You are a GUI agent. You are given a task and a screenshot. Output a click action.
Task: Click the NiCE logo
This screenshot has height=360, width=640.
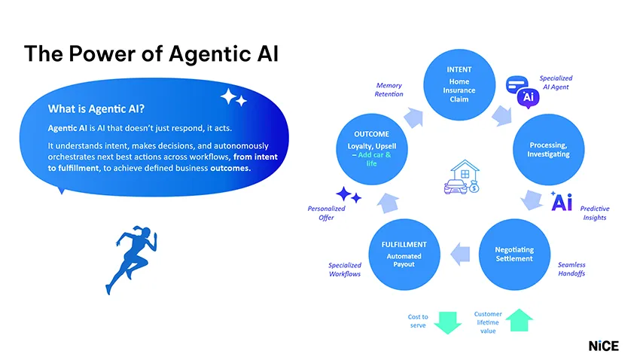coord(603,346)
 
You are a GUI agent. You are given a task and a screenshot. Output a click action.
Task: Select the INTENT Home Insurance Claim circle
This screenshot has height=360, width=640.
coord(459,85)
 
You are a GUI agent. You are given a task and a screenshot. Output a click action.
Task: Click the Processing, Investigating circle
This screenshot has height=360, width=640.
coord(548,149)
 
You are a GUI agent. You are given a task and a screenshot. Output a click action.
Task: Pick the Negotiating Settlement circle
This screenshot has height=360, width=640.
coord(514,254)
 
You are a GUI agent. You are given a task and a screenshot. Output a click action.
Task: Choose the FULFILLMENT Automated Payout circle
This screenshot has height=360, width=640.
coord(404,254)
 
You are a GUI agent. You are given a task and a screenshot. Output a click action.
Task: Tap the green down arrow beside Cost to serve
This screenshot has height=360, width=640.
coord(447,322)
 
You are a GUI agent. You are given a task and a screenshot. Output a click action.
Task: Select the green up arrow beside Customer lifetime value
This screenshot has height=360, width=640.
coord(518,319)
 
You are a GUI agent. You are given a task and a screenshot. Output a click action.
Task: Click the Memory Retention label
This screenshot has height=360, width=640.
coord(389,90)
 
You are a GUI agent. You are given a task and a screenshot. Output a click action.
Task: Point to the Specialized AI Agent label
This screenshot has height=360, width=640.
coord(556,82)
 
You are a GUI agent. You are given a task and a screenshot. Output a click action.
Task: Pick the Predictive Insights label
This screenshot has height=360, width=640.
coord(594,212)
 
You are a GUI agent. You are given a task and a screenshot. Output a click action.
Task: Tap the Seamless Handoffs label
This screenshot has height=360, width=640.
coord(571,269)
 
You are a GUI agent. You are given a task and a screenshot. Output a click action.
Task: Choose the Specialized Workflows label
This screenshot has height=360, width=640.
coord(344,269)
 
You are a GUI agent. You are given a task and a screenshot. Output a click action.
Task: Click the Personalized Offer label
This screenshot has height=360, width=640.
coord(326,212)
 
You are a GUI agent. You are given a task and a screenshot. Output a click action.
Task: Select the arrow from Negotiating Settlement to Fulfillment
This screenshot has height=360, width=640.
coord(461,255)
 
